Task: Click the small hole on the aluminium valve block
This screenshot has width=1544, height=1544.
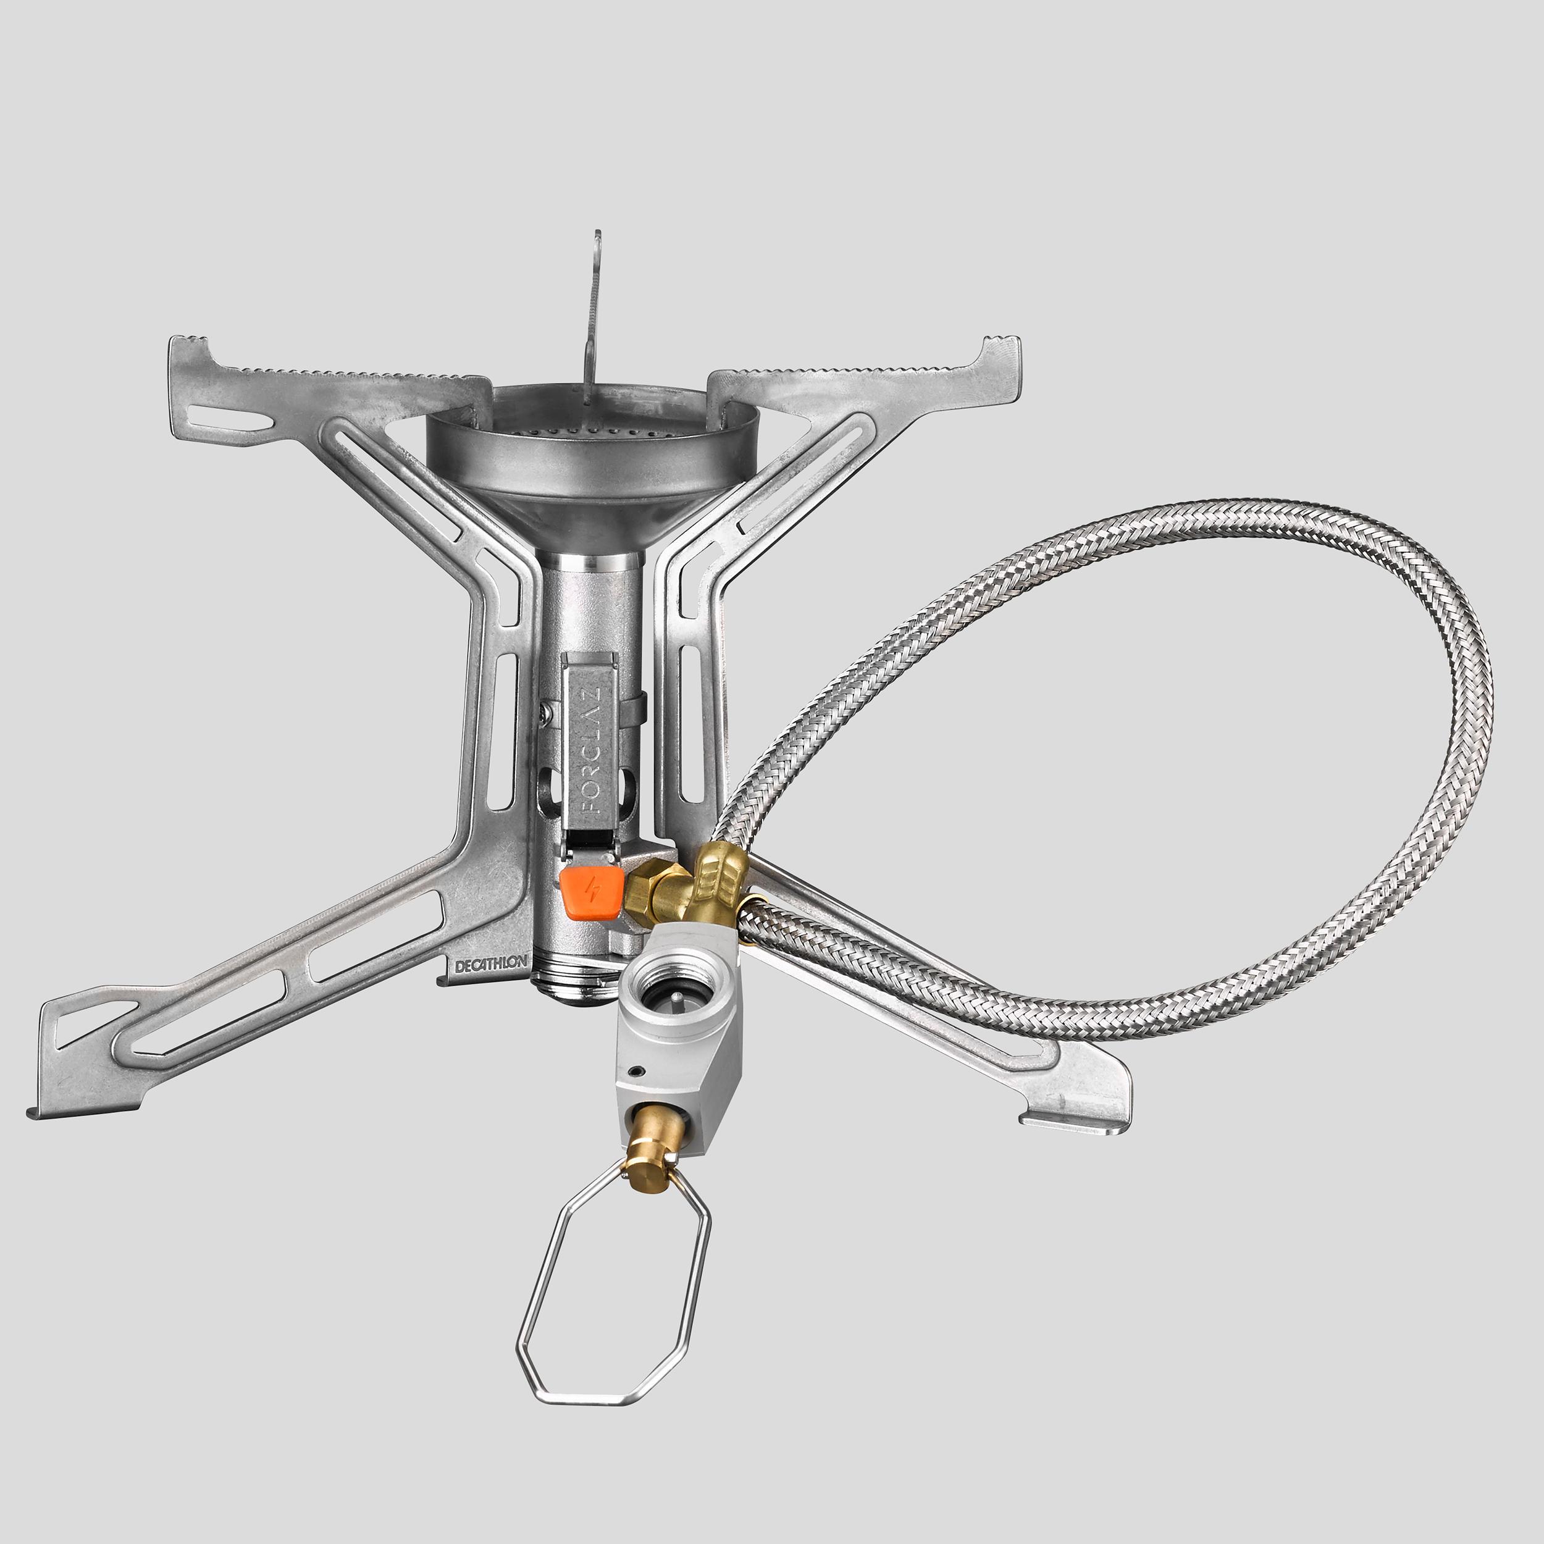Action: tap(636, 1071)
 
